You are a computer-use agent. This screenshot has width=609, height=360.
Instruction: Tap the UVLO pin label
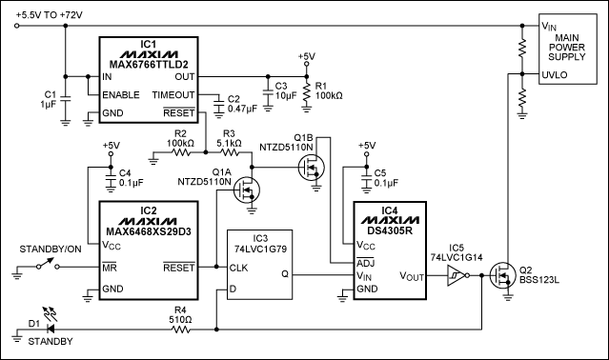557,73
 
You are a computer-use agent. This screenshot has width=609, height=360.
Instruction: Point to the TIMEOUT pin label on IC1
174,95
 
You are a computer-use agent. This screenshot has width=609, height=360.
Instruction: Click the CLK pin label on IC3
238,268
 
